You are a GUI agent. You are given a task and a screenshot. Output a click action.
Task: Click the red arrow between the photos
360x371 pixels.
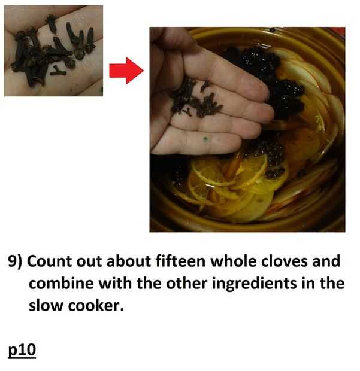coord(126,71)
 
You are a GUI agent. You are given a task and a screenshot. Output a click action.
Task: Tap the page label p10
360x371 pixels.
coord(22,350)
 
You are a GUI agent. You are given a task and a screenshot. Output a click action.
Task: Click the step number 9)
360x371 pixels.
coord(15,261)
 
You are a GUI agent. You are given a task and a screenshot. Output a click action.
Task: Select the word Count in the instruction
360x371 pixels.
coord(50,261)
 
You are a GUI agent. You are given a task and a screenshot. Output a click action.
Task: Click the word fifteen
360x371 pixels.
coord(180,261)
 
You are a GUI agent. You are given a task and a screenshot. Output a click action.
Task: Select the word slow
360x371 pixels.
coord(46,305)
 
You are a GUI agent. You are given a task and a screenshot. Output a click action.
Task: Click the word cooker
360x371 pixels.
coord(96,305)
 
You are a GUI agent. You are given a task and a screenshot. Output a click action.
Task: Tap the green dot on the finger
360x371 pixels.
coord(205,139)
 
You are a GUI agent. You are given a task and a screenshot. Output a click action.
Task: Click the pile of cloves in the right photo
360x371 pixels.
coord(196,99)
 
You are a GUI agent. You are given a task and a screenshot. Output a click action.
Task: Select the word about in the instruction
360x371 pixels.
coord(128,261)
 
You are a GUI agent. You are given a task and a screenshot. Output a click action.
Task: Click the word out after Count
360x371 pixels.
coord(89,261)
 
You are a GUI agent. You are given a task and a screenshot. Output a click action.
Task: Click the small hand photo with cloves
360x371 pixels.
coord(53,51)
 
